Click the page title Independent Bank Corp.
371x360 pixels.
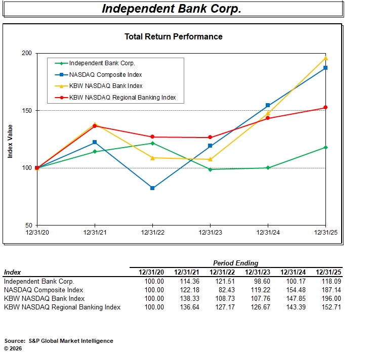[x=172, y=9]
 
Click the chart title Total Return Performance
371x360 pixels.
[x=173, y=36]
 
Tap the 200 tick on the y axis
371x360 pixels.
[x=27, y=53]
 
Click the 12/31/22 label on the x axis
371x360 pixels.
[x=152, y=232]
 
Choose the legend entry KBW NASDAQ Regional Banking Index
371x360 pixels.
[x=122, y=97]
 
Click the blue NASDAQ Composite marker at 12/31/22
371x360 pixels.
[x=152, y=188]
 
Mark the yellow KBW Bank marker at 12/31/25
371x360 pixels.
[x=325, y=58]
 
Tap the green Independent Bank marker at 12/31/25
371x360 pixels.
[x=325, y=147]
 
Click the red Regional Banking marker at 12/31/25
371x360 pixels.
[x=325, y=107]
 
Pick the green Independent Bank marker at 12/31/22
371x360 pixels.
[x=152, y=143]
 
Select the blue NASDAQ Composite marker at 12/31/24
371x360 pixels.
[x=268, y=106]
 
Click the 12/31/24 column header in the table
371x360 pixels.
[x=293, y=272]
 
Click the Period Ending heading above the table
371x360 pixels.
[x=235, y=263]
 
